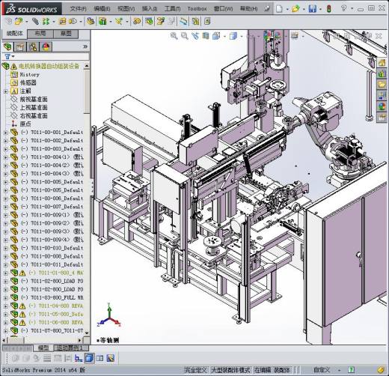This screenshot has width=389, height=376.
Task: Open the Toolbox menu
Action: point(197,9)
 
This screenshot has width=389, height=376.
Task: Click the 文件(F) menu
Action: point(79,9)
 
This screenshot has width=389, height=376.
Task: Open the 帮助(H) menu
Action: point(248,9)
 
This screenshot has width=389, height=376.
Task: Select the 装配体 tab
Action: point(14,34)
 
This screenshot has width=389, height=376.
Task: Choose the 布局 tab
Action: point(40,34)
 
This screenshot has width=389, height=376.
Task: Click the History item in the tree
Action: point(30,75)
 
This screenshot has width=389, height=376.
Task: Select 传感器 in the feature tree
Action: point(29,83)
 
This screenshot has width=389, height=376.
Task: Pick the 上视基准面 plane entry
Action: point(34,108)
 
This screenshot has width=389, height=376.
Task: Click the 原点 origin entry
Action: point(25,124)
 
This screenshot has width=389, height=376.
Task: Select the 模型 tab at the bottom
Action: point(43,348)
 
